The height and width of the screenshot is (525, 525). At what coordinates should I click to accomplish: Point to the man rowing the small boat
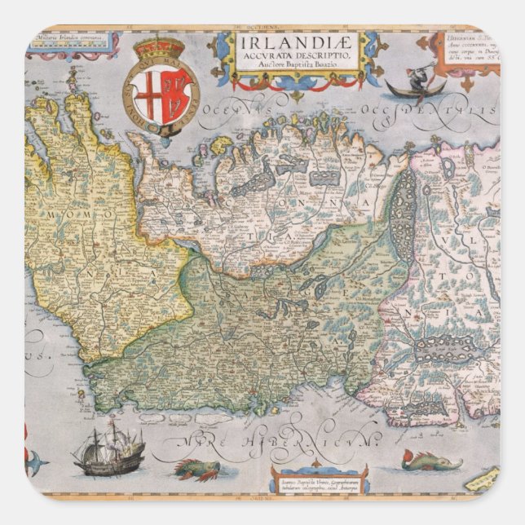coord(417,76)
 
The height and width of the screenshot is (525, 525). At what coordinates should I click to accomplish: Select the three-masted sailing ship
coord(108,451)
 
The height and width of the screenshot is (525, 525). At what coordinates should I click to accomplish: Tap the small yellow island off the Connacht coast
coord(221,146)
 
